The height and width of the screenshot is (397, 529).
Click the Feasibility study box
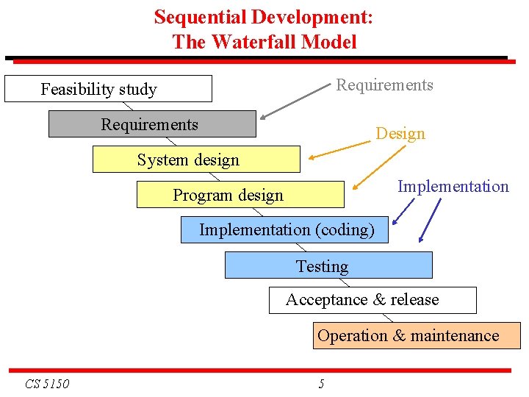point(108,89)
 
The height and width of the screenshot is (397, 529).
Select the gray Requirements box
point(152,124)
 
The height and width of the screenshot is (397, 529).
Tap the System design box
point(196,160)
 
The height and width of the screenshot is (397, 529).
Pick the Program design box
point(240,195)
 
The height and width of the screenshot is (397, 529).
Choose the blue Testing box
point(328,265)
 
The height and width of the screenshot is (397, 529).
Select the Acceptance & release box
point(372,300)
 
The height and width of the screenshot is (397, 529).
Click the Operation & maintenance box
point(417,336)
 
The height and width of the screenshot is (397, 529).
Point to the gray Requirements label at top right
point(384,85)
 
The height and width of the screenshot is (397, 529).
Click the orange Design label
point(400,134)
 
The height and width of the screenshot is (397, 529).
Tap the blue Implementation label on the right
point(453,187)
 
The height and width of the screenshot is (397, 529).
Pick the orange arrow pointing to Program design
point(378,168)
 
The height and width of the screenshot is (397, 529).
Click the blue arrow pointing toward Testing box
point(429,219)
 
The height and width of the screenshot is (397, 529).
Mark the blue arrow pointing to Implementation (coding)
point(403,212)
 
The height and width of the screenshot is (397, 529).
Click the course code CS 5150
point(47,384)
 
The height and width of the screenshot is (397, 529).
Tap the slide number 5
point(321,384)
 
